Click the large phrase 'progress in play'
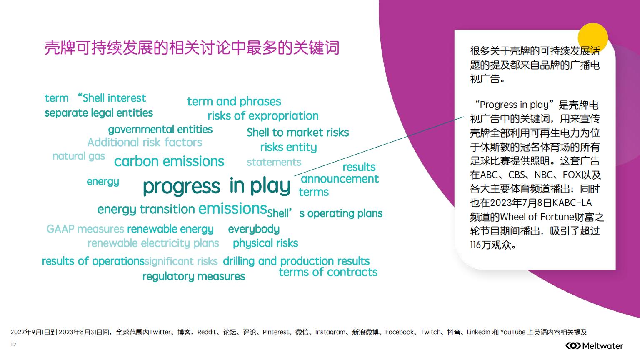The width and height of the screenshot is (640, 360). pos(217,186)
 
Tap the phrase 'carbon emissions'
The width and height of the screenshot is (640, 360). pos(169,161)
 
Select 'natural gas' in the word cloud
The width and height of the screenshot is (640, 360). pos(79,156)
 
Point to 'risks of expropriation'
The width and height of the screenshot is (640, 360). pos(263,116)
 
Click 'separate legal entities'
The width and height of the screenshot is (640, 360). pos(99,113)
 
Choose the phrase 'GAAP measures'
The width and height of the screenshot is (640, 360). pos(85,229)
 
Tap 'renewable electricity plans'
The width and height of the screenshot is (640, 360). pos(153,243)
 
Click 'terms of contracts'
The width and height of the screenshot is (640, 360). pos(328,272)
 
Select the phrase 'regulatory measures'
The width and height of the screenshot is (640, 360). pos(194,276)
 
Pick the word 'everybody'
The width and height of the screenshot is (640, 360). pos(254,229)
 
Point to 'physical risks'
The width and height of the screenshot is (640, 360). pos(265,243)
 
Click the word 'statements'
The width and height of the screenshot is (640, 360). pos(274,162)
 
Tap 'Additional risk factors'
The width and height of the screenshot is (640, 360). pos(145,142)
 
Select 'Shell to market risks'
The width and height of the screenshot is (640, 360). pos(298,132)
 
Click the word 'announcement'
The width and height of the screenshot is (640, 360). pos(340,179)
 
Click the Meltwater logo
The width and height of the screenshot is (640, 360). pos(594,346)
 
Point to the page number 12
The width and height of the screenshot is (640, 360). pos(13,345)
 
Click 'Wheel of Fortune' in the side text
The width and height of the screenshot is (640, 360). pos(537,217)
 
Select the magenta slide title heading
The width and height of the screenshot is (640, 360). pos(192,48)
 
